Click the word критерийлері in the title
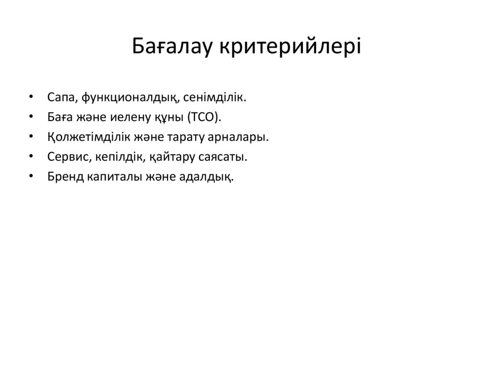(x=290, y=47)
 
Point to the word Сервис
(x=66, y=157)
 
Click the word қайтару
(x=171, y=157)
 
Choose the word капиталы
(x=111, y=177)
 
